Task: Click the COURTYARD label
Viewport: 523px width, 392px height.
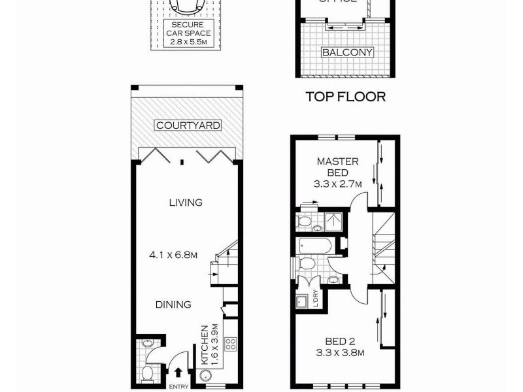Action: [x=188, y=125]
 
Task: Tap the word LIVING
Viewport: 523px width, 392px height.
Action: [x=186, y=203]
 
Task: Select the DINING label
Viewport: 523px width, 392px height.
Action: [x=173, y=304]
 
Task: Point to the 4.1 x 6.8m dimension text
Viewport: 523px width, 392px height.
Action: [x=173, y=255]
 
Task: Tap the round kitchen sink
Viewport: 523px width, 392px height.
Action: [x=205, y=376]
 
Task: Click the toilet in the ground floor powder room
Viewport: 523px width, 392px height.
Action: [x=148, y=373]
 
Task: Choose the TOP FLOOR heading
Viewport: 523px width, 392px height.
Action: [x=346, y=97]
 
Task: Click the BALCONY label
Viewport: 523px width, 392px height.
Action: [x=346, y=53]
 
